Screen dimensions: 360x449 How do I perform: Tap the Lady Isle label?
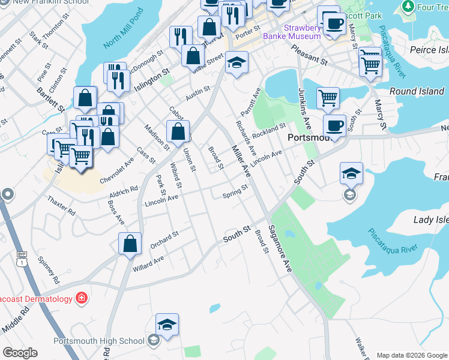pos(432,220)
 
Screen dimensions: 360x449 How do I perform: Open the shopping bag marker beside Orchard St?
pos(130,244)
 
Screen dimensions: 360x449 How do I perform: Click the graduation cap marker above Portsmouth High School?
pos(167,325)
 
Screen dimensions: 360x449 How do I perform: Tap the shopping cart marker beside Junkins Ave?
pos(328,98)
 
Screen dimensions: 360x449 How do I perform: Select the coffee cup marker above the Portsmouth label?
pos(334,125)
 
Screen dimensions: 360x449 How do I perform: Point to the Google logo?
pos(20,353)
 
